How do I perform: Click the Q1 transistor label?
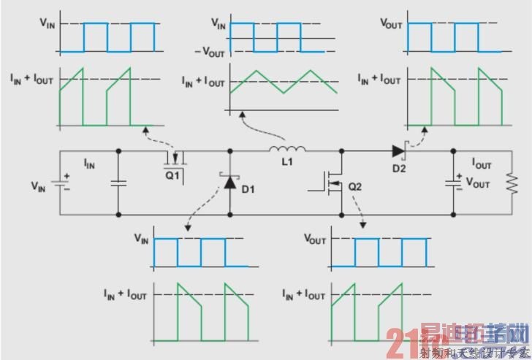click(x=172, y=175)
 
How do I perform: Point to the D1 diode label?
click(x=248, y=191)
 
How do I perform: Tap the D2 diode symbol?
click(x=398, y=152)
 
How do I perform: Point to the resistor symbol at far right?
click(x=507, y=183)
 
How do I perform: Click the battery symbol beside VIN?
click(x=65, y=183)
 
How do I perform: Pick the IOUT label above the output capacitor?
click(x=482, y=165)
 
